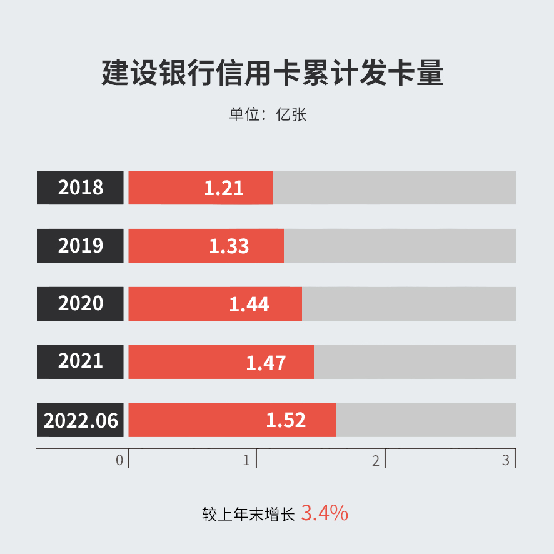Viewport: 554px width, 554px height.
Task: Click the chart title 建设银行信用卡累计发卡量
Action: (x=273, y=73)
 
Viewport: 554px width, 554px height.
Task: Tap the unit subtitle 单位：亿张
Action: (x=268, y=115)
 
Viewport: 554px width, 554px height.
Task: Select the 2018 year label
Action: (x=81, y=188)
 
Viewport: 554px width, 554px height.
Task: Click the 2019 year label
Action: (x=81, y=246)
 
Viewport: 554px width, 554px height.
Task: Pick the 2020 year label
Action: (x=81, y=303)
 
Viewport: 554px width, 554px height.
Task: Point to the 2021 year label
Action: (x=81, y=361)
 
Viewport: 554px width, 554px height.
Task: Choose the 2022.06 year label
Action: (x=81, y=420)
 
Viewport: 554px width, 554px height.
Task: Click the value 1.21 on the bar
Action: (x=224, y=188)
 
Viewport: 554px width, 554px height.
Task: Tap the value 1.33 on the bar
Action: (x=229, y=246)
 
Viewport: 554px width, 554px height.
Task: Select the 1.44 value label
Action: (x=249, y=304)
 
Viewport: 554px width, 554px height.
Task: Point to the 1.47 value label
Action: (x=266, y=362)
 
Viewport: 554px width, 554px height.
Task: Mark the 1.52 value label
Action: (x=286, y=420)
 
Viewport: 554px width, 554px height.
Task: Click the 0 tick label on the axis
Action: (x=119, y=461)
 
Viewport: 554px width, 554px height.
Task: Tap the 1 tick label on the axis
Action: (x=246, y=461)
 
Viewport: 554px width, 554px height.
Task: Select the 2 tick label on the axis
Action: (x=376, y=461)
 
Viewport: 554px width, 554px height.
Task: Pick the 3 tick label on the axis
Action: (x=506, y=461)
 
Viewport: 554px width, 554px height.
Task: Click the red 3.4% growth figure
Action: (x=325, y=513)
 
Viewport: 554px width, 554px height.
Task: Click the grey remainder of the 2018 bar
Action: (x=394, y=188)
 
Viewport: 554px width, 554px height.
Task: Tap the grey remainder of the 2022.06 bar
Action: (x=426, y=420)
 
